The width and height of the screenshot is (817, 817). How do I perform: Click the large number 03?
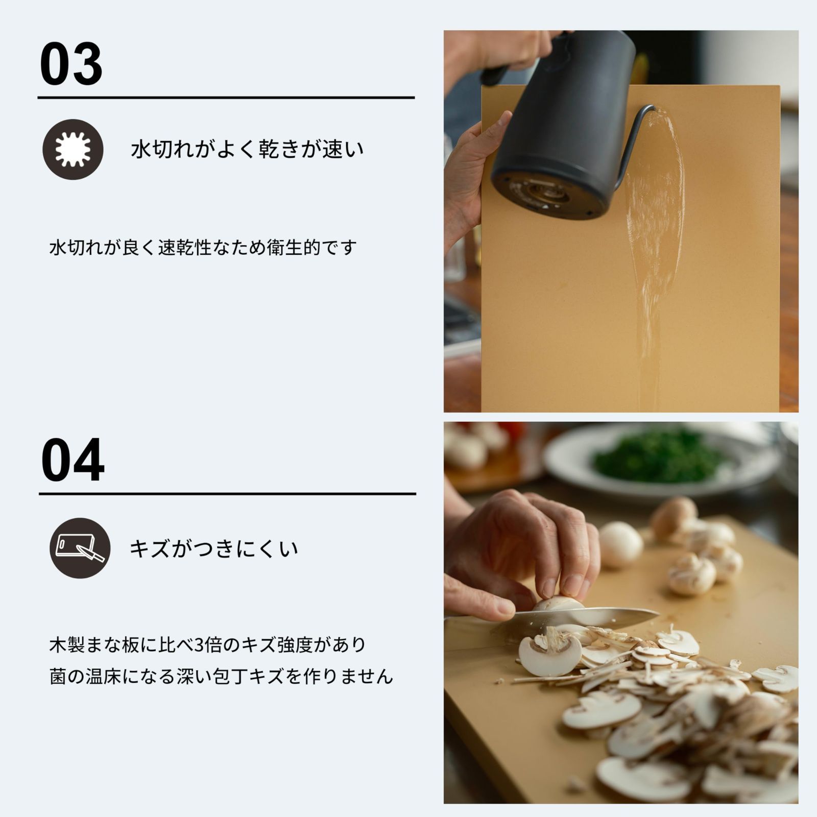71,65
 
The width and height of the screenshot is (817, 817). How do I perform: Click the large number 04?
73,461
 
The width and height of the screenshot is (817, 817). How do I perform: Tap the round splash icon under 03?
73,149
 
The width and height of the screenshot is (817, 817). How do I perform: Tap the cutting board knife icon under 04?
80,548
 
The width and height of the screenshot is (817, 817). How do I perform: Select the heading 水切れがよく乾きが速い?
247,149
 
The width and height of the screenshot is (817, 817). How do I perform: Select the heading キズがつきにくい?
214,549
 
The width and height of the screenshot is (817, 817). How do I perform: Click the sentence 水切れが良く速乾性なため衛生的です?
202,248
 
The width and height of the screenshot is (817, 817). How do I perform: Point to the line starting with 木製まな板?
208,645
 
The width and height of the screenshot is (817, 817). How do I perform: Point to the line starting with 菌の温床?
221,677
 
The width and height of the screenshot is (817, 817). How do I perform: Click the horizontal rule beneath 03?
226,97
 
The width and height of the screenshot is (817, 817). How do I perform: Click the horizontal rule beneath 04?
227,494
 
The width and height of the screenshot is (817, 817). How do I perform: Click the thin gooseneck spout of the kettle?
633,138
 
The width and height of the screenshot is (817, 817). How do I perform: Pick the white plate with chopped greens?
664,460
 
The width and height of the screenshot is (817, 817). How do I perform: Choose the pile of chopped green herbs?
659,454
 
